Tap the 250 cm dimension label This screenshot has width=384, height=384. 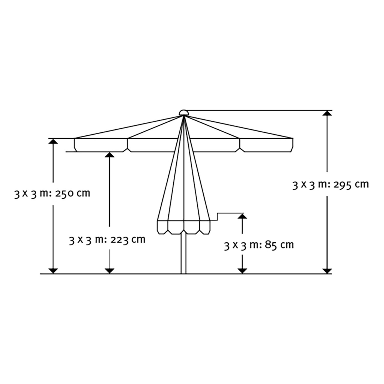52,194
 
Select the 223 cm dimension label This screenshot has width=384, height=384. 107,240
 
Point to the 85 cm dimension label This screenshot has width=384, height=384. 259,245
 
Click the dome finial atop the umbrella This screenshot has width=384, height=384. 183,112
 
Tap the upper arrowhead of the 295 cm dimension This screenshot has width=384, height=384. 327,113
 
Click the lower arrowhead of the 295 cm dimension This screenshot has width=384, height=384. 327,271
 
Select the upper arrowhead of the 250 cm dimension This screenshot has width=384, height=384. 53,141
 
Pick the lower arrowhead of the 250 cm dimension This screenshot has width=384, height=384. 53,271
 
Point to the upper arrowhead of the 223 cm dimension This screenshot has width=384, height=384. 110,155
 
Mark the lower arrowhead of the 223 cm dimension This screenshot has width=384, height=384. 110,271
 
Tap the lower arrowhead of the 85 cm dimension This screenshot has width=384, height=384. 242,271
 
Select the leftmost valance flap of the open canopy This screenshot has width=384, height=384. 101,145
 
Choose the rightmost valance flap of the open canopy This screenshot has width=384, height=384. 266,145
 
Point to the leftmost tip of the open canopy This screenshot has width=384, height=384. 74,139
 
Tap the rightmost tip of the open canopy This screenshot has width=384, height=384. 293,139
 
